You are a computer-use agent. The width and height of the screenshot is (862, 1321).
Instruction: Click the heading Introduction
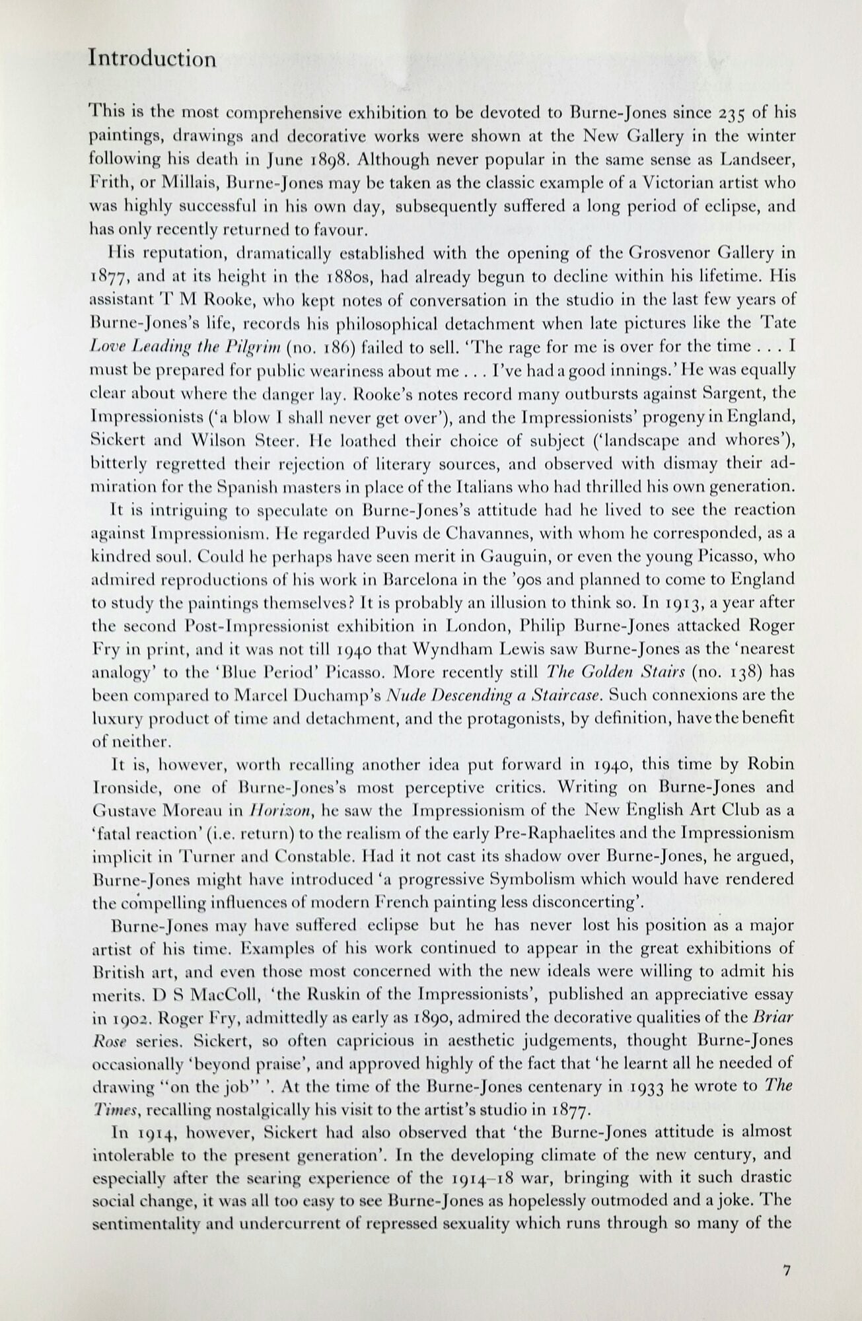click(152, 59)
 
